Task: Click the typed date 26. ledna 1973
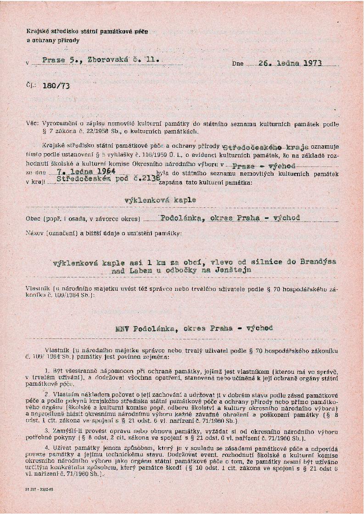point(290,63)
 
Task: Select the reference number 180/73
point(56,86)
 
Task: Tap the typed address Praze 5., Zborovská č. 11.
point(101,60)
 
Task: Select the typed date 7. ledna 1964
point(80,172)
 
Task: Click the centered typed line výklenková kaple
point(160,200)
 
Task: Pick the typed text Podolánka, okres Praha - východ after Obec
point(230,218)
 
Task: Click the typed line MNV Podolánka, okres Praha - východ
point(195,328)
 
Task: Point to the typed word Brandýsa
point(318,261)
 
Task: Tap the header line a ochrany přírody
point(53,40)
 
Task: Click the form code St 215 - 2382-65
point(39,489)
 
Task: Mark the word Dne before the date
point(238,64)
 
